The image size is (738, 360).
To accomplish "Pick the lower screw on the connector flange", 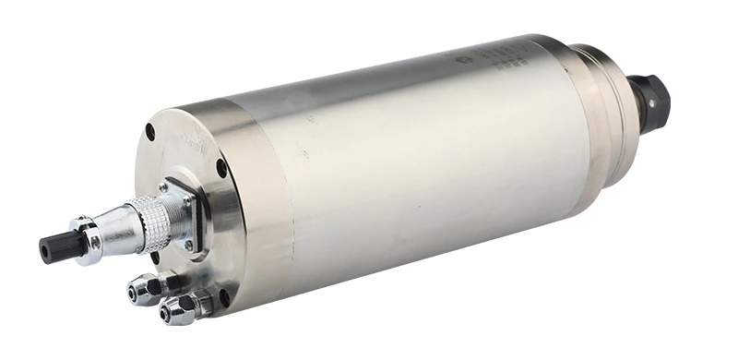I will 189,246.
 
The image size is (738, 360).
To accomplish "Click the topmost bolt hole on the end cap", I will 150,132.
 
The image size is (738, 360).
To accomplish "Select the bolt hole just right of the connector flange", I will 221,168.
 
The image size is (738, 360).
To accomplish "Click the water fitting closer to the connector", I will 146,289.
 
